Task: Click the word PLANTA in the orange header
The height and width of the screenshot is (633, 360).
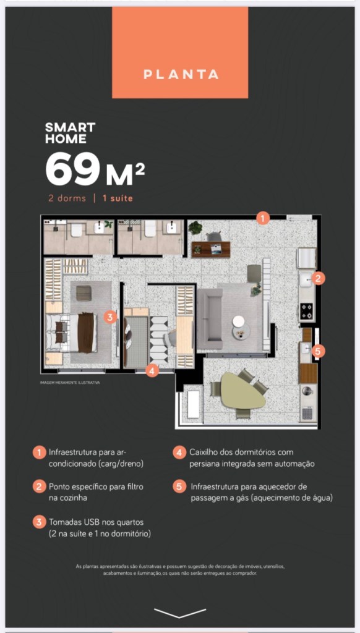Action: (181, 74)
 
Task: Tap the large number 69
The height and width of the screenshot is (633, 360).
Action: (73, 169)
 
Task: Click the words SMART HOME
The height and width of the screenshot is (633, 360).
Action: (71, 133)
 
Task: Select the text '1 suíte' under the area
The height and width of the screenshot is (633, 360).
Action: (118, 198)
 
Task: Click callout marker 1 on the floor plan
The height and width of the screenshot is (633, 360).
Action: (263, 219)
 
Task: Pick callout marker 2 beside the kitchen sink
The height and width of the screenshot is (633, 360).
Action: (319, 278)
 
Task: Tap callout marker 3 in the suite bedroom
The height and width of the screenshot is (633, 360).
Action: (110, 316)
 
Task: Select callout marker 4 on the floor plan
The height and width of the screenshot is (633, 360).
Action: (152, 371)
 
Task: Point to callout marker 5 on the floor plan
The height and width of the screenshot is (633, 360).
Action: (318, 352)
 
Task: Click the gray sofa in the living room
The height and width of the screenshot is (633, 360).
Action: (210, 318)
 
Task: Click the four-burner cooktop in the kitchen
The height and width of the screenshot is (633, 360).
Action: (307, 312)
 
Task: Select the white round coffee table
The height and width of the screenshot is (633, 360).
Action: (239, 321)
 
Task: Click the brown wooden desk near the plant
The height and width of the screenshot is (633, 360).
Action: (211, 250)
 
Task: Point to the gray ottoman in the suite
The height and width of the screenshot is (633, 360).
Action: (84, 293)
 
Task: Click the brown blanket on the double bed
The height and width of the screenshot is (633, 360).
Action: (85, 333)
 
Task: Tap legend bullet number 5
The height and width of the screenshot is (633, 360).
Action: (179, 486)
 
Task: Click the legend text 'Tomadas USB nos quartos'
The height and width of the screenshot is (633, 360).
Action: (96, 522)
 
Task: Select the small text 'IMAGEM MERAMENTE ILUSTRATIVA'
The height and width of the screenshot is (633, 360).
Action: (70, 382)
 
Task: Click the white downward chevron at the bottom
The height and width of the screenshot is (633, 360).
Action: (180, 613)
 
